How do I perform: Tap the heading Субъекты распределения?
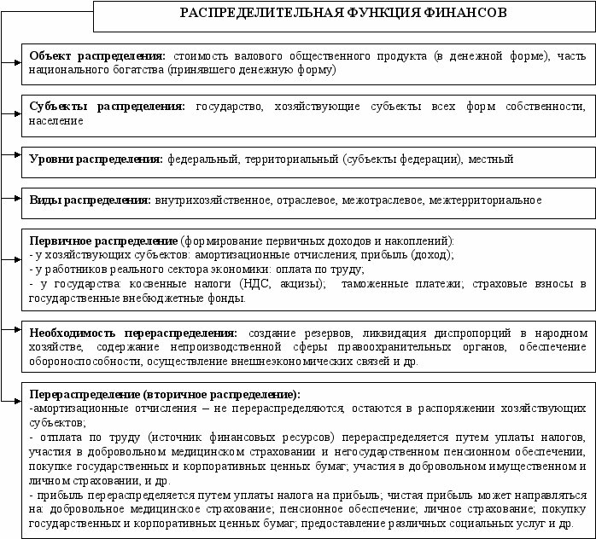(107, 107)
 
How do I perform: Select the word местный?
(491, 159)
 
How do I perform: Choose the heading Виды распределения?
(90, 200)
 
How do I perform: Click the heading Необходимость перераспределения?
(133, 333)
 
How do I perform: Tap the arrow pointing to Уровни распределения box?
(15, 156)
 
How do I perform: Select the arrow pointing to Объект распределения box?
(15, 61)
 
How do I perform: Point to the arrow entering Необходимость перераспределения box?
(15, 328)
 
